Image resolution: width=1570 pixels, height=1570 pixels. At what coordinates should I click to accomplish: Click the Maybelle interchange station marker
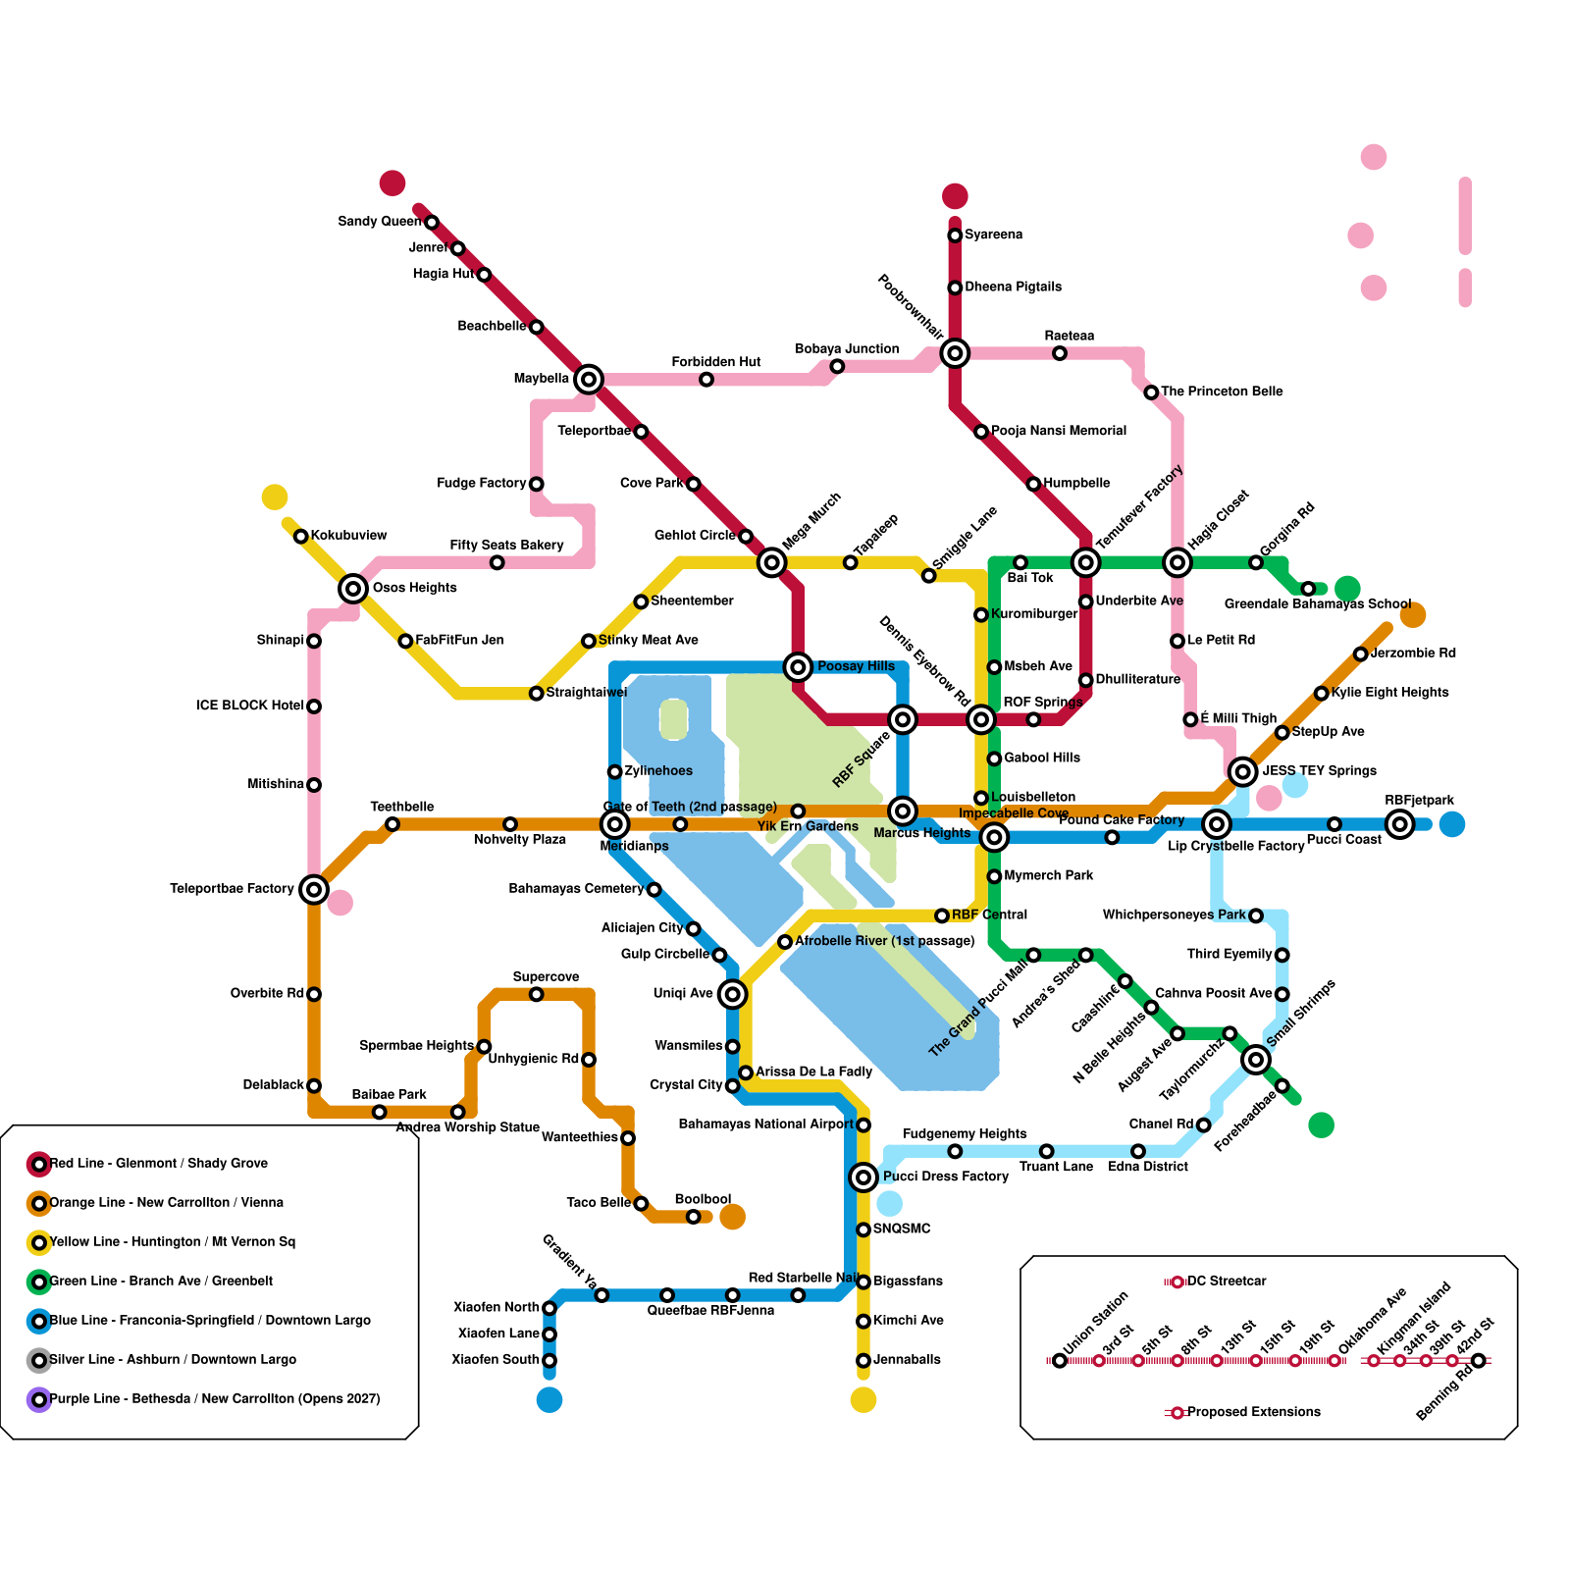(x=589, y=379)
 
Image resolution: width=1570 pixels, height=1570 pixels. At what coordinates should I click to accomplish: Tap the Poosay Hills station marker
(x=799, y=667)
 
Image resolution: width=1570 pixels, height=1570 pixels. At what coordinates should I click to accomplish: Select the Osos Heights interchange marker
(x=353, y=589)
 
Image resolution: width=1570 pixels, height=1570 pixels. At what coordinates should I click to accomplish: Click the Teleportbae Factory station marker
(x=314, y=890)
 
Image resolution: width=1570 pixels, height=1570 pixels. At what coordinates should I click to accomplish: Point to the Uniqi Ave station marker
(x=732, y=994)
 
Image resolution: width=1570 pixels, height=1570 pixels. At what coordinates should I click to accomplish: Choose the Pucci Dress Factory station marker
(x=863, y=1177)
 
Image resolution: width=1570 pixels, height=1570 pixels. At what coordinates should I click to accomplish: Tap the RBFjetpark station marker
(x=1400, y=824)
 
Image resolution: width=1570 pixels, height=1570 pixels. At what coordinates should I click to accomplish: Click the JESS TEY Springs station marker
(x=1243, y=772)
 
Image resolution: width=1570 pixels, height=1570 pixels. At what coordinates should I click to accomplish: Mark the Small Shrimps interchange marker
(x=1256, y=1060)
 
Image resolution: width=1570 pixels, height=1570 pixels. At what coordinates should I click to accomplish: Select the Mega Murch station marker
(x=772, y=562)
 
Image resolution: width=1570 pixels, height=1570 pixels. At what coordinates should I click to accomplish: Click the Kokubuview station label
(x=348, y=536)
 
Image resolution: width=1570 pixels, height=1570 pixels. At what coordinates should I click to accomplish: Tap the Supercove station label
(x=546, y=977)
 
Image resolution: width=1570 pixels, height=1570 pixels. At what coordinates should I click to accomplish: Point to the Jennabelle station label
(x=907, y=1360)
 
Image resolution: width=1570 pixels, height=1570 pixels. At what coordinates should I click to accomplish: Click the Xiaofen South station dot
(x=549, y=1360)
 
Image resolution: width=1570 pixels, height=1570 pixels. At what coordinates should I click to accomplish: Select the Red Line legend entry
(x=158, y=1164)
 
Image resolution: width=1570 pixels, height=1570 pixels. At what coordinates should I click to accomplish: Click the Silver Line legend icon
(x=39, y=1360)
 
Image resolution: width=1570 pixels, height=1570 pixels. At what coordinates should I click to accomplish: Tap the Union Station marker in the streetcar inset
(x=1060, y=1360)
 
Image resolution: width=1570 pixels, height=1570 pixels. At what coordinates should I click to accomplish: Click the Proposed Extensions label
(x=1253, y=1413)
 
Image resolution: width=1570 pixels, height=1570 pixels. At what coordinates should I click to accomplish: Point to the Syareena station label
(x=993, y=235)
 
